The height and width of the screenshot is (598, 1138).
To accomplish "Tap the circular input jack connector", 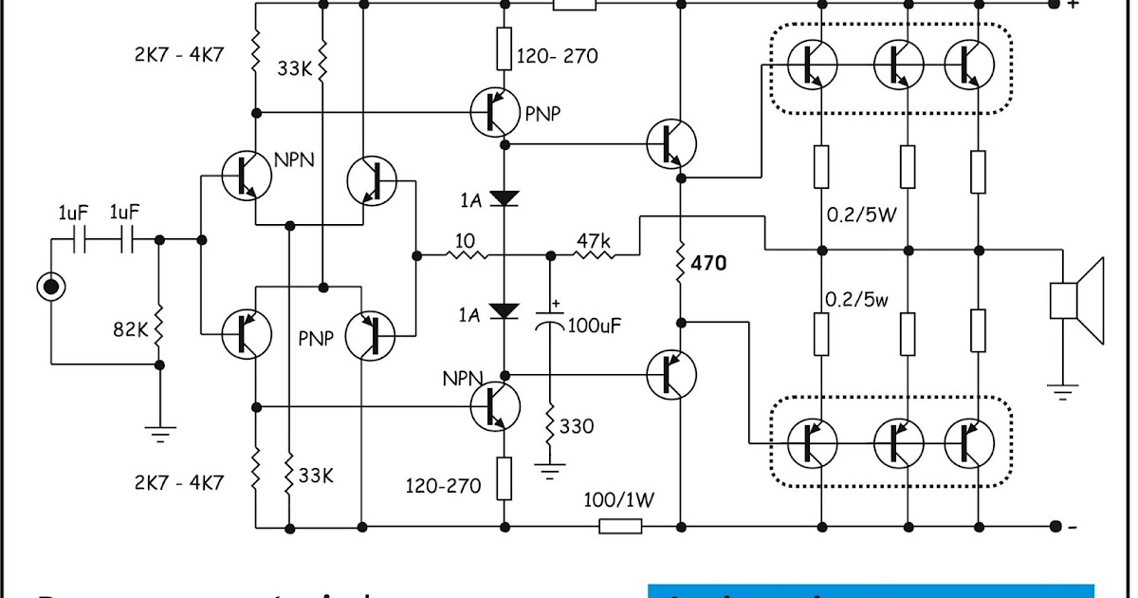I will [x=50, y=286].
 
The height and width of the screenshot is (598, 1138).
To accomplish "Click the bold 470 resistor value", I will [x=709, y=263].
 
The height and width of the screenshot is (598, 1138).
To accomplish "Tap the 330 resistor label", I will [x=578, y=426].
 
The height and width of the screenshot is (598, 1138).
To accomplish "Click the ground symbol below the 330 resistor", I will [x=548, y=468].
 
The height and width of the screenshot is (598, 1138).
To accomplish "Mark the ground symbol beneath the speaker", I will [x=1063, y=388].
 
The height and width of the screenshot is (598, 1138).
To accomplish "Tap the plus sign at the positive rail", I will [x=1073, y=5].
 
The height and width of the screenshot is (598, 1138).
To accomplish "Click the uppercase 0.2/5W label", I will [x=862, y=214].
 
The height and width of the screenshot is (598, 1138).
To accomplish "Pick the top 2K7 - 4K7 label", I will [x=178, y=55].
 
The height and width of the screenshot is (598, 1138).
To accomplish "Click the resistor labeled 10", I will [x=465, y=254].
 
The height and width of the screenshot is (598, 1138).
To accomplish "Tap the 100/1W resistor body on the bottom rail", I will [x=620, y=526].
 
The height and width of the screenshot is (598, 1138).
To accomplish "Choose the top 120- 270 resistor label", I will [x=558, y=56].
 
